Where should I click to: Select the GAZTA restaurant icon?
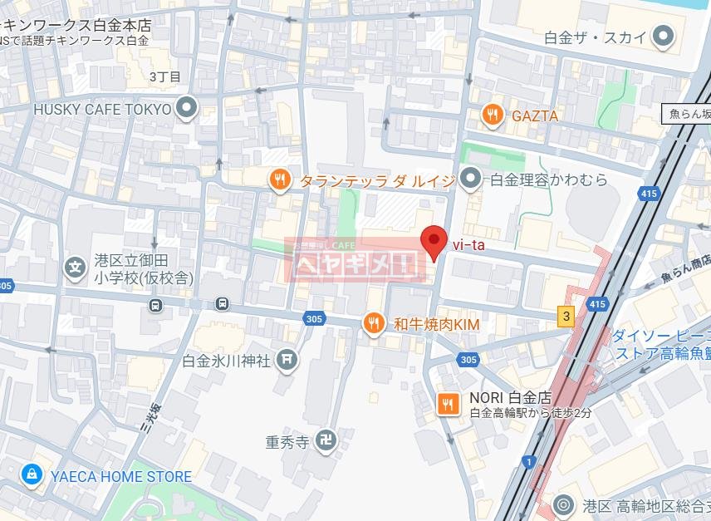[493, 116]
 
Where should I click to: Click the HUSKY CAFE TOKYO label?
[102, 109]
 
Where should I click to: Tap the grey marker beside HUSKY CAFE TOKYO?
[187, 109]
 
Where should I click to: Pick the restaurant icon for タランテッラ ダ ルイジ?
[279, 179]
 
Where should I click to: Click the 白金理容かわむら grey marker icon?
[471, 179]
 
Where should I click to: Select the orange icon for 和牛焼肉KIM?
[374, 322]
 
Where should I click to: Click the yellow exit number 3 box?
[566, 316]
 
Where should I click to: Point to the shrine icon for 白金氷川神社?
[288, 359]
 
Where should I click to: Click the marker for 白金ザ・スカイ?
[662, 36]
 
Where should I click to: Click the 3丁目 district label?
[164, 76]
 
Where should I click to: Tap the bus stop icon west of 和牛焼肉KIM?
[222, 303]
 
